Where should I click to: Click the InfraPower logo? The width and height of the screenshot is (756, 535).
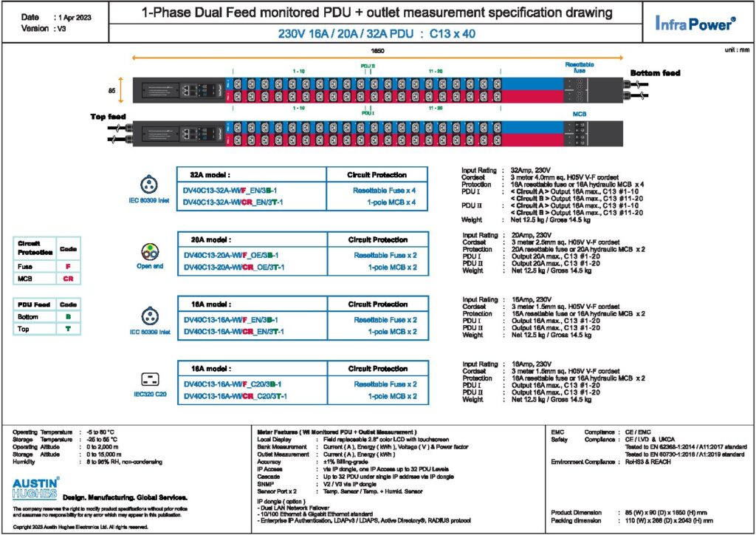695,23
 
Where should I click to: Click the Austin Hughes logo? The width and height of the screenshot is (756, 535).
36,489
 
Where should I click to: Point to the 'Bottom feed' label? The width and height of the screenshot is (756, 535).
655,72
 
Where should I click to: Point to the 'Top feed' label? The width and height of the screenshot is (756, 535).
109,117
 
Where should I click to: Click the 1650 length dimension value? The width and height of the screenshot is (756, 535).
377,50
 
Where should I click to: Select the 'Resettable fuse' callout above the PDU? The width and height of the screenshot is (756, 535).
579,67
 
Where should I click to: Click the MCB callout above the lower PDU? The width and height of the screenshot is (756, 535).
579,115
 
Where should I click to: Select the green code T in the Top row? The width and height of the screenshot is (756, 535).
68,329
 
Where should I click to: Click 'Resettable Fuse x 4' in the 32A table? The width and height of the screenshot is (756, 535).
379,190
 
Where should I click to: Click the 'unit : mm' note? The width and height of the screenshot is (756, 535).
735,50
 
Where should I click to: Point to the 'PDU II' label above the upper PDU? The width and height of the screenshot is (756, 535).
368,65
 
